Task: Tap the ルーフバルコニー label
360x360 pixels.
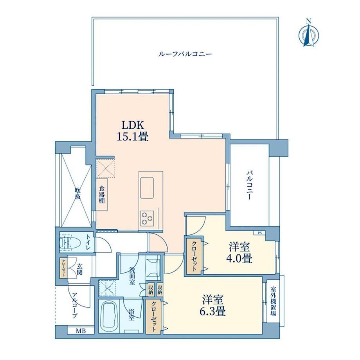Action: click(185, 54)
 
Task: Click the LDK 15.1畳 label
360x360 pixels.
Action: click(133, 131)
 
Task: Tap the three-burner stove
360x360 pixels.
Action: click(147, 218)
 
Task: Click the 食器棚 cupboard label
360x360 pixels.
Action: click(102, 195)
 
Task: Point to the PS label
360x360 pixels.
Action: click(260, 233)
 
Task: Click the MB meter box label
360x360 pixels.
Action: click(81, 331)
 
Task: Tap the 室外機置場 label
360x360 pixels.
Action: click(273, 301)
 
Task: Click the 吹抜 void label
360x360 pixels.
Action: click(77, 194)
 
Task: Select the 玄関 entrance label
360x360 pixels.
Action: click(79, 269)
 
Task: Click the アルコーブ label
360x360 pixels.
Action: click(74, 305)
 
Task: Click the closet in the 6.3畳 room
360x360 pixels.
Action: click(154, 317)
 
